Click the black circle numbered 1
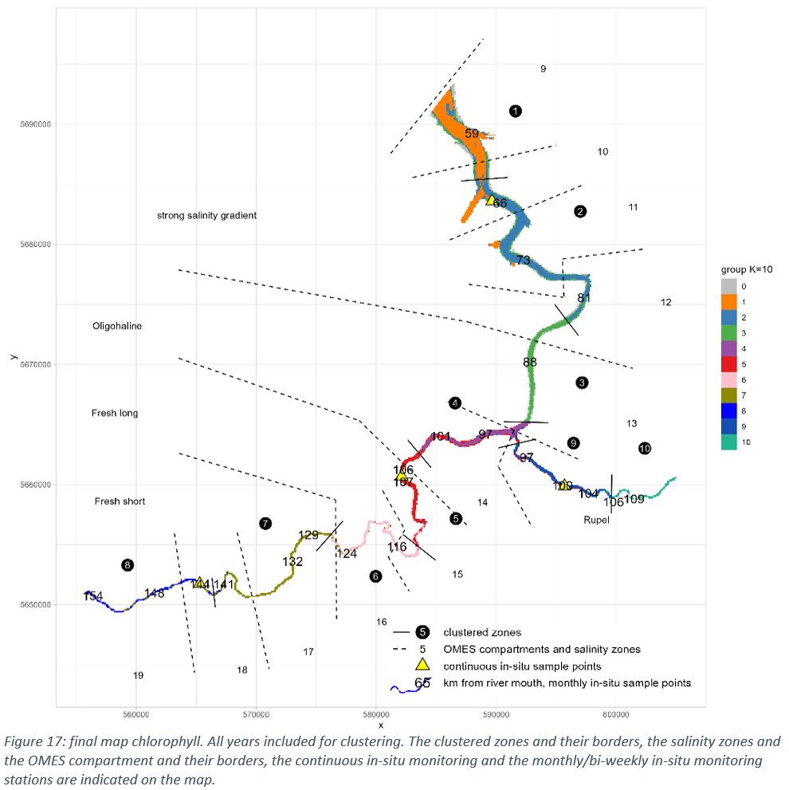[x=516, y=111]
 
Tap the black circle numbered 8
[x=128, y=565]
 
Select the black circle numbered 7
[x=265, y=524]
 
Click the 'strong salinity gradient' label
[x=206, y=216]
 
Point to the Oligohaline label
[x=116, y=326]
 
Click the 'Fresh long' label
[x=115, y=413]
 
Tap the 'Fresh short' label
[x=120, y=501]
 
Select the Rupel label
[x=596, y=520]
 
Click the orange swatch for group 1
[x=728, y=301]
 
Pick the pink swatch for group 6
[x=728, y=379]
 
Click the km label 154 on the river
[x=93, y=596]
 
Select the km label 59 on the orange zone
[x=472, y=134]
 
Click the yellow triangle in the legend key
[x=423, y=666]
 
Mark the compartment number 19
[x=138, y=675]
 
